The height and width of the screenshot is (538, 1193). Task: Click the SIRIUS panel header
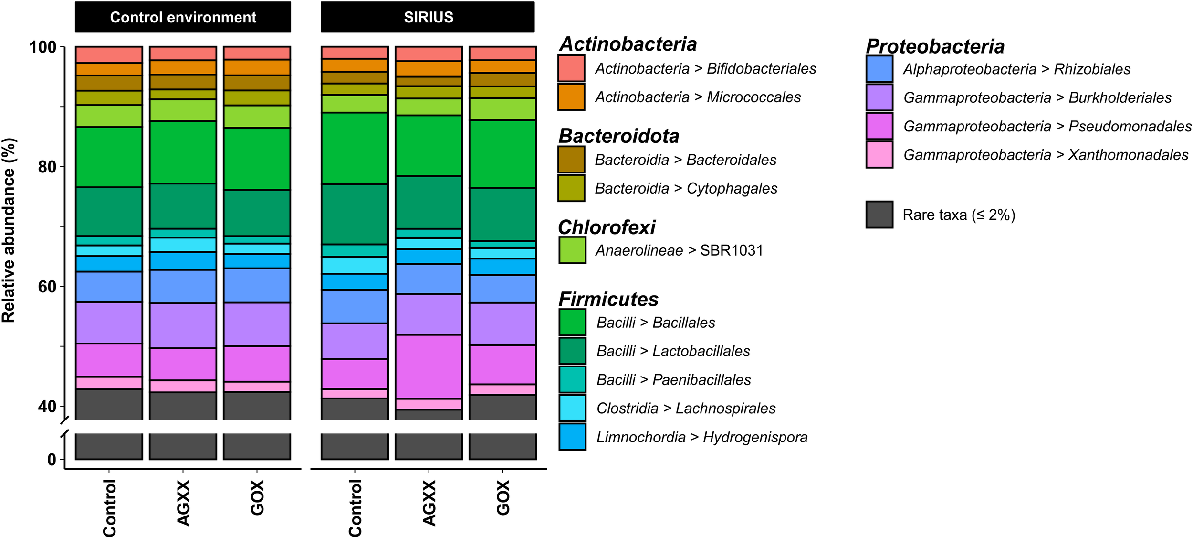(428, 17)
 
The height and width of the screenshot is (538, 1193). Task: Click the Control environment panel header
(183, 17)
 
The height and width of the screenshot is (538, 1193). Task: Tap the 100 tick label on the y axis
(43, 47)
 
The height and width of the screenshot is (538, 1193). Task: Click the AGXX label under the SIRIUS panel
(429, 503)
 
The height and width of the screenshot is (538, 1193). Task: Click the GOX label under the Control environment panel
(257, 498)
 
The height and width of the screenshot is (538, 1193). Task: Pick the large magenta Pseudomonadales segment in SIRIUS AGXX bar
(429, 366)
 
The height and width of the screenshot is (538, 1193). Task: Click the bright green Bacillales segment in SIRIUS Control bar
(355, 148)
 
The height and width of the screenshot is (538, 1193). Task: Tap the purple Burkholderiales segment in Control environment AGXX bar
(183, 325)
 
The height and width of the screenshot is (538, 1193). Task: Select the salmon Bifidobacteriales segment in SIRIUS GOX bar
(502, 53)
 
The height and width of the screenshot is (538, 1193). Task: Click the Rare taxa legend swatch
(879, 215)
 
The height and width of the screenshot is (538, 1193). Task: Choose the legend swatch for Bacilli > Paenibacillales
(572, 379)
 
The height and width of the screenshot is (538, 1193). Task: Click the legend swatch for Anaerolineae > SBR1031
(572, 250)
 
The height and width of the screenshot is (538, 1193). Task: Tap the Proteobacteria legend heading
(935, 46)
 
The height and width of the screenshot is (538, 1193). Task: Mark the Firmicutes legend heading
(608, 299)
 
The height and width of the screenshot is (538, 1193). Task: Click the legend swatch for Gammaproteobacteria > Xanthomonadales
(879, 154)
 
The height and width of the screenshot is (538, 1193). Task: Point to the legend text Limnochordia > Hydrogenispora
(701, 437)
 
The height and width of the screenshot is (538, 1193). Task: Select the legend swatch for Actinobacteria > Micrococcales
(571, 97)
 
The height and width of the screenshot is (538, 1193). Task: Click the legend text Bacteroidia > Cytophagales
(686, 188)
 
